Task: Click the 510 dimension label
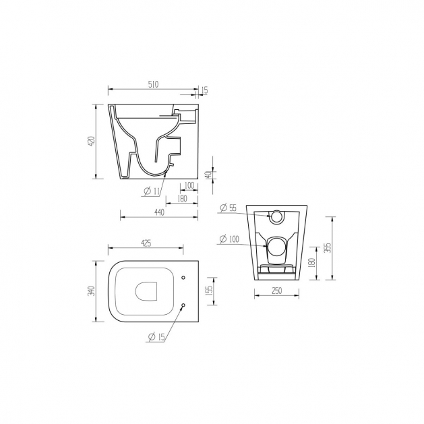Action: (153, 84)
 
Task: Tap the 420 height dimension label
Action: (92, 141)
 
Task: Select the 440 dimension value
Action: (159, 212)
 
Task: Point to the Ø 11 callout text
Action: (152, 191)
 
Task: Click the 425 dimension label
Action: (146, 243)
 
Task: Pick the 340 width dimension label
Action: (92, 291)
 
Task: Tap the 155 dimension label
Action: (210, 291)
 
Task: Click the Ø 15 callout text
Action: (156, 337)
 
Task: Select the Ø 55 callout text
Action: (229, 208)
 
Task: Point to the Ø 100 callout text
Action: (229, 239)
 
